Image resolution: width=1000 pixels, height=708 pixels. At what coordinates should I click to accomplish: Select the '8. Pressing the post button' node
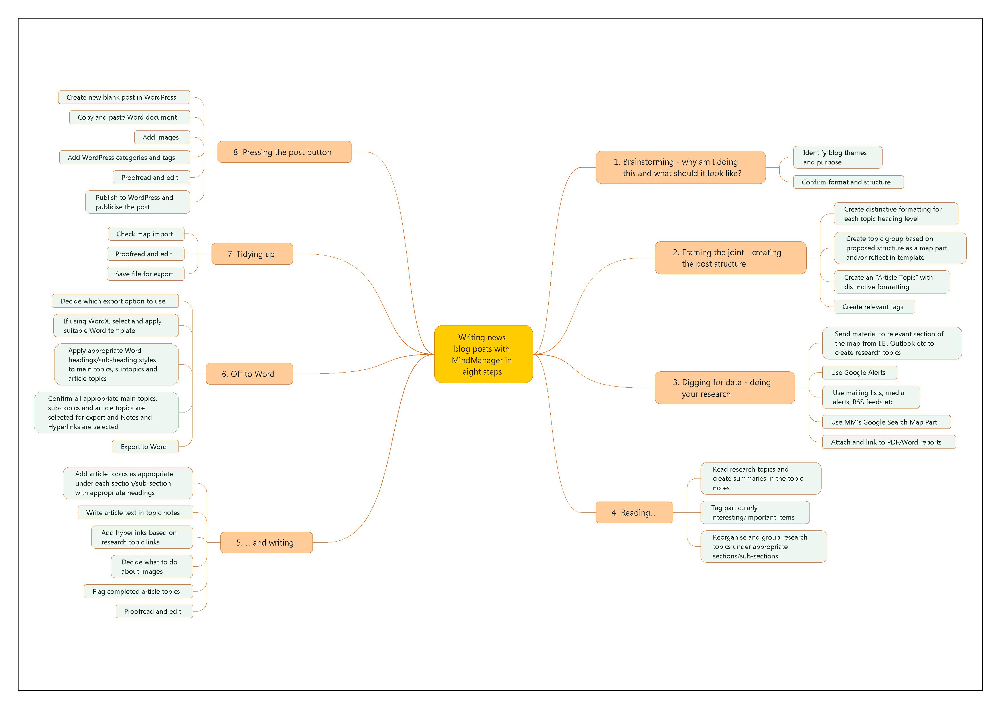(284, 152)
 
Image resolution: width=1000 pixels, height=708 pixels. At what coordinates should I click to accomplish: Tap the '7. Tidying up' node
(252, 254)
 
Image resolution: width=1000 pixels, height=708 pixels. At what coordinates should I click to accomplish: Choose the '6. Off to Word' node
(249, 374)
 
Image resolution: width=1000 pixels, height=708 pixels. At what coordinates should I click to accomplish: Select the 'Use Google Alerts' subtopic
(859, 373)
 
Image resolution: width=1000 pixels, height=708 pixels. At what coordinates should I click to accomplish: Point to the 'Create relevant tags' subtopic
(874, 307)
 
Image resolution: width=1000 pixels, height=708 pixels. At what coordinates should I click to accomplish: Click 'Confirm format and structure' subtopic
(847, 182)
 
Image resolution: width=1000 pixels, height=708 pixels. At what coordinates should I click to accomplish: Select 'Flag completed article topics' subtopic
(138, 592)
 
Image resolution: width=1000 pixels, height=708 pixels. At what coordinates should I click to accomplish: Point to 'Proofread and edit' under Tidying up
(145, 254)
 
